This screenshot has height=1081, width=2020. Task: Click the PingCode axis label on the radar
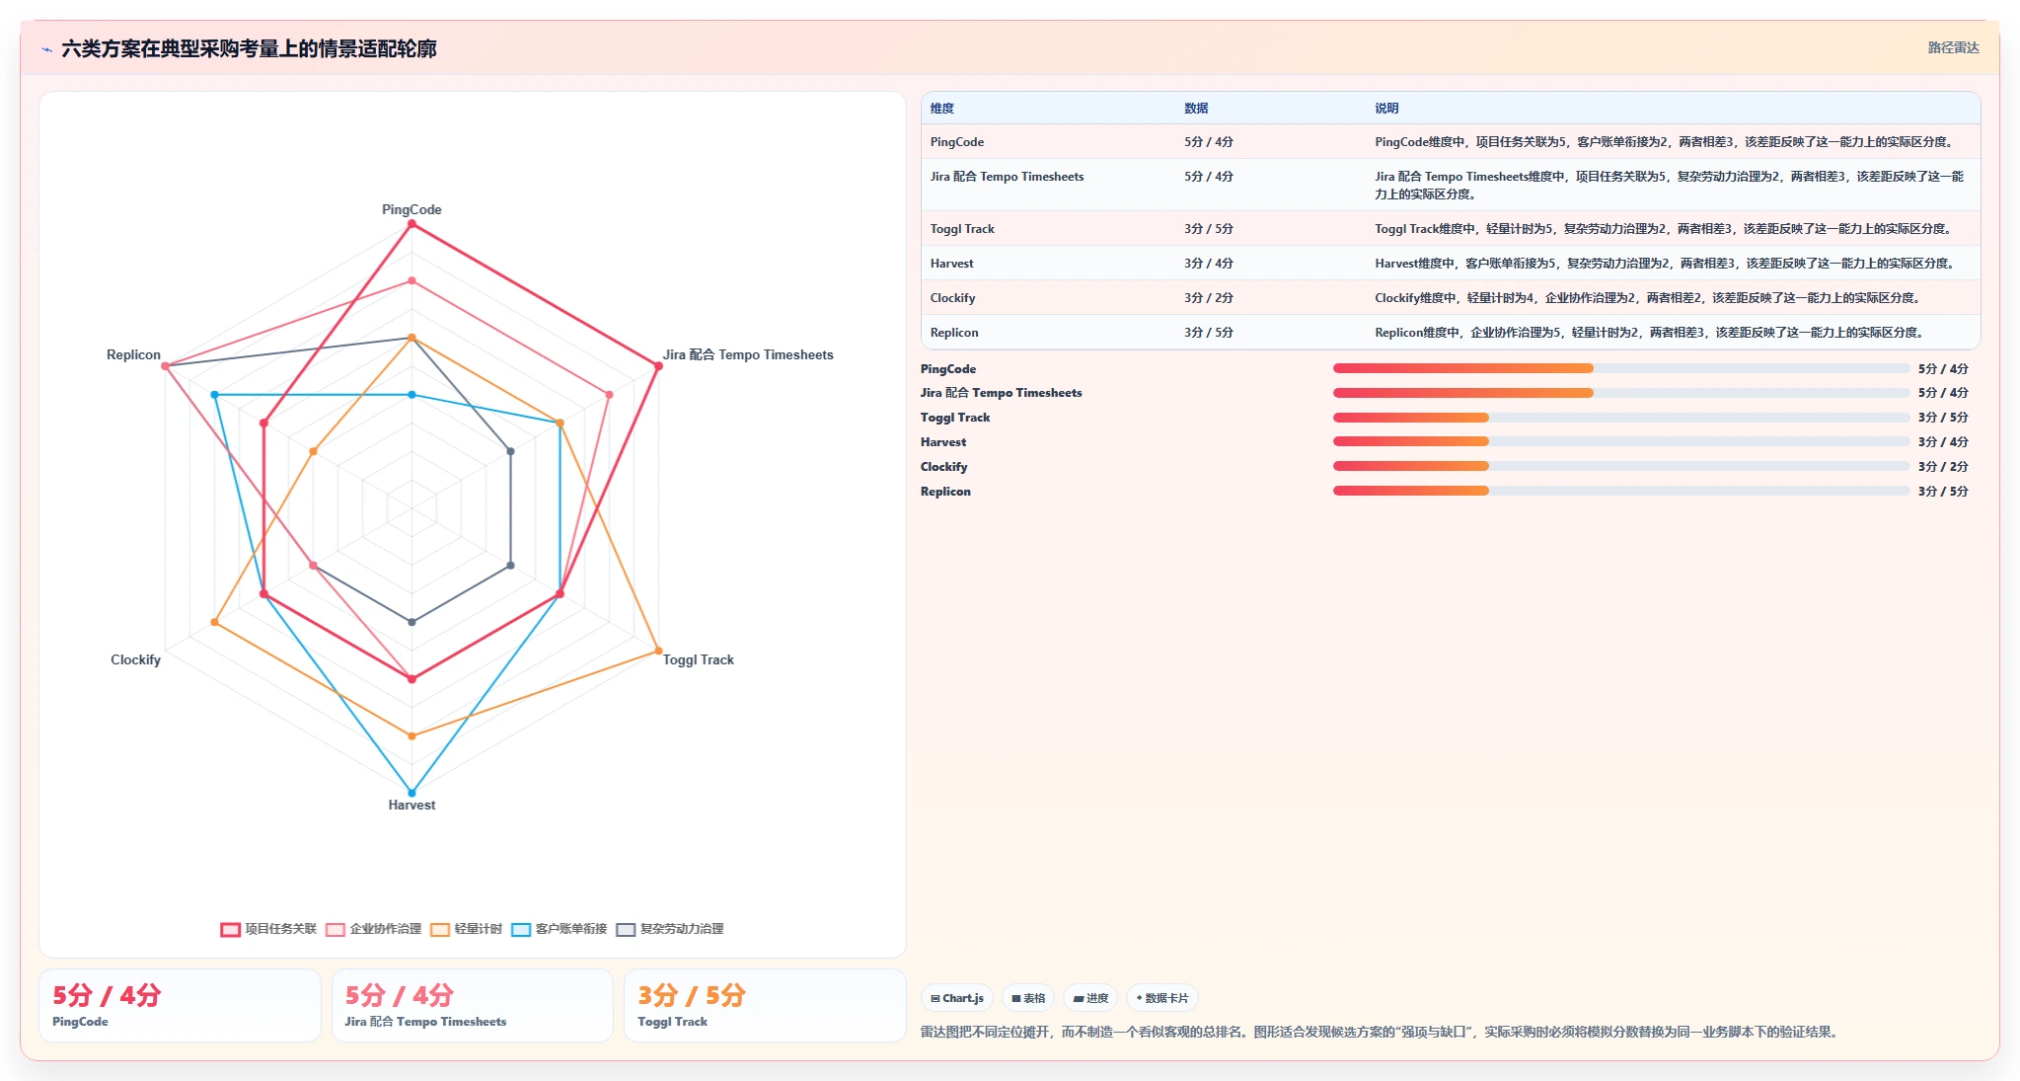tap(411, 209)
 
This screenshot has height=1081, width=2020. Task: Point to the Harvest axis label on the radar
tap(411, 805)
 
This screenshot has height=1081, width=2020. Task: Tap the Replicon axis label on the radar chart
tap(133, 354)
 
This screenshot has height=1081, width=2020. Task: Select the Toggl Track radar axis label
tap(698, 659)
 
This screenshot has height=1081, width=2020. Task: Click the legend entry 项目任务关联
tap(268, 929)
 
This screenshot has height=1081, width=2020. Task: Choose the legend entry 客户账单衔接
tap(560, 929)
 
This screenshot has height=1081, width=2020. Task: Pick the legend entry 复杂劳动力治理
tap(670, 929)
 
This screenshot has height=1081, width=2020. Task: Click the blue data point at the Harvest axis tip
tap(411, 793)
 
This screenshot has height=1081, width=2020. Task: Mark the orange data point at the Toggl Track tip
tap(658, 651)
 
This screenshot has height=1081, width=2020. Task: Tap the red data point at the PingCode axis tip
tap(411, 224)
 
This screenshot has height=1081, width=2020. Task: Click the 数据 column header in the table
tap(1196, 109)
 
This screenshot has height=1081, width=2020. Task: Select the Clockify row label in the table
tap(952, 298)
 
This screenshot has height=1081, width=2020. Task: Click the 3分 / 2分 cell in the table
tap(1209, 298)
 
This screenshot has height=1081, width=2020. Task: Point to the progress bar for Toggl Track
tap(1621, 418)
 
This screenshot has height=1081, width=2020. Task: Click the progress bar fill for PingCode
tap(1463, 368)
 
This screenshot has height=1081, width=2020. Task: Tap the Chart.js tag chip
tap(957, 998)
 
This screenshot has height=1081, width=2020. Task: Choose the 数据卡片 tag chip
tap(1162, 998)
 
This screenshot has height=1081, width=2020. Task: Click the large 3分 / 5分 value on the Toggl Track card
tap(691, 995)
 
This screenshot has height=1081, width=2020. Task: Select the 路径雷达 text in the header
tap(1953, 47)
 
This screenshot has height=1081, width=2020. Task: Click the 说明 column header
tap(1386, 109)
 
